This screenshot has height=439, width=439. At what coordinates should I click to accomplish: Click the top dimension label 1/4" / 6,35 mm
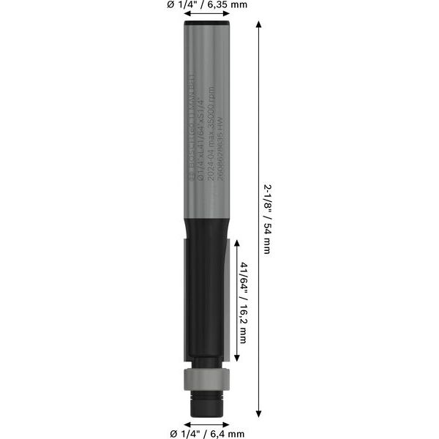207,7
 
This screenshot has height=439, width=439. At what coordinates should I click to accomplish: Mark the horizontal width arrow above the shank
203,18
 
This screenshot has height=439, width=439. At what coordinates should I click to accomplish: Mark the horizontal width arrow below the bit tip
203,421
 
